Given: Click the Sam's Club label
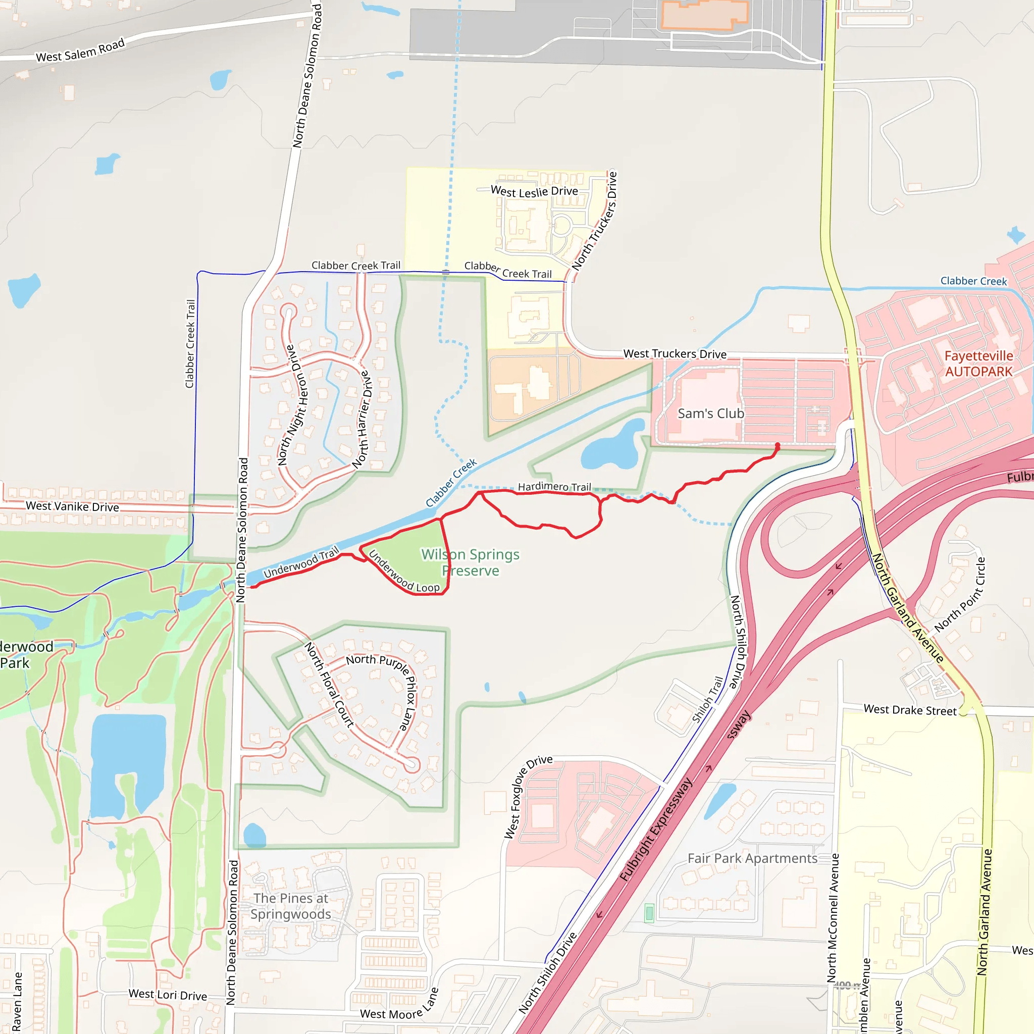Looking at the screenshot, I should click(x=710, y=413).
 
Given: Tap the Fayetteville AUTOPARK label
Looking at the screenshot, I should click(x=978, y=364).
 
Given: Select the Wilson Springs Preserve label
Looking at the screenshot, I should click(x=471, y=562).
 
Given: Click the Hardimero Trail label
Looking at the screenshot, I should click(x=554, y=487).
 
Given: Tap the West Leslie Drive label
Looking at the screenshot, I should click(x=534, y=191).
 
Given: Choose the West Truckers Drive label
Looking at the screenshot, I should click(x=675, y=354).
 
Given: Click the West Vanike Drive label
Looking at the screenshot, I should click(x=72, y=506).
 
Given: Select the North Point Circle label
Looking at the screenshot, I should click(x=960, y=595).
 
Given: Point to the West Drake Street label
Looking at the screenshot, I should click(x=910, y=710).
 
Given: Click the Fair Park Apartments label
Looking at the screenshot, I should click(x=752, y=858).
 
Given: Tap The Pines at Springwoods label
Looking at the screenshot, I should click(x=291, y=906).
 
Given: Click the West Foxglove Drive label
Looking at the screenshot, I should click(x=528, y=796).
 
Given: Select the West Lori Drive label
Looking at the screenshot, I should click(x=168, y=995).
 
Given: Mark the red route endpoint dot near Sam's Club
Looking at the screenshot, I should click(x=778, y=445).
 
